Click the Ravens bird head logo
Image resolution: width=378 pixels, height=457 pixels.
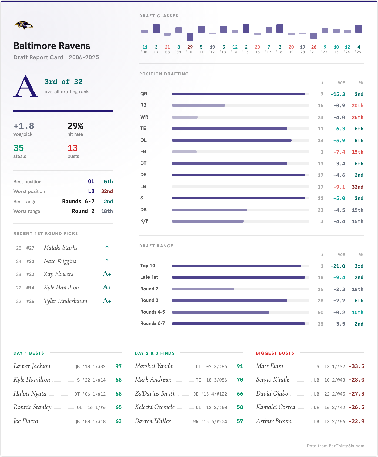24,25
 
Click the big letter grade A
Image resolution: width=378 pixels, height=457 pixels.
26,86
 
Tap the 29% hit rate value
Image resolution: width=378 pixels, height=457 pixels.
75,126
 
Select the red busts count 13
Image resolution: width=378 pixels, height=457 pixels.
73,148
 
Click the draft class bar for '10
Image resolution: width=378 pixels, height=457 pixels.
190,37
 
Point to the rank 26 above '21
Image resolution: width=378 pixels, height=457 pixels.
314,47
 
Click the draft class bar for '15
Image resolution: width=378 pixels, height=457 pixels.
246,28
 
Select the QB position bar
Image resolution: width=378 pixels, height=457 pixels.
238,94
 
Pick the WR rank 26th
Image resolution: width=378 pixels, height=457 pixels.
357,117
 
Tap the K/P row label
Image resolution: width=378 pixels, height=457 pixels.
144,221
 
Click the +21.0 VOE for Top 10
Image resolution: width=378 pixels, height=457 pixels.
338,266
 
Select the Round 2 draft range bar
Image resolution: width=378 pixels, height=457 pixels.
203,289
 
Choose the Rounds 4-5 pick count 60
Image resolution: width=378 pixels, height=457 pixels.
320,312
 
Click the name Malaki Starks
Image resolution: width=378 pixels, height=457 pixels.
60,247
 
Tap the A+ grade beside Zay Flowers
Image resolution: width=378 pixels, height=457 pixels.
107,274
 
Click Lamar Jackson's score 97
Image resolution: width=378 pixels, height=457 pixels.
119,366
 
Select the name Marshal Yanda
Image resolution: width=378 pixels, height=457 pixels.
154,366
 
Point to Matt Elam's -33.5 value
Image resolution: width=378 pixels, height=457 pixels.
356,366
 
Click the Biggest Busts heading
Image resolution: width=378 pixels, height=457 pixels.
275,353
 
